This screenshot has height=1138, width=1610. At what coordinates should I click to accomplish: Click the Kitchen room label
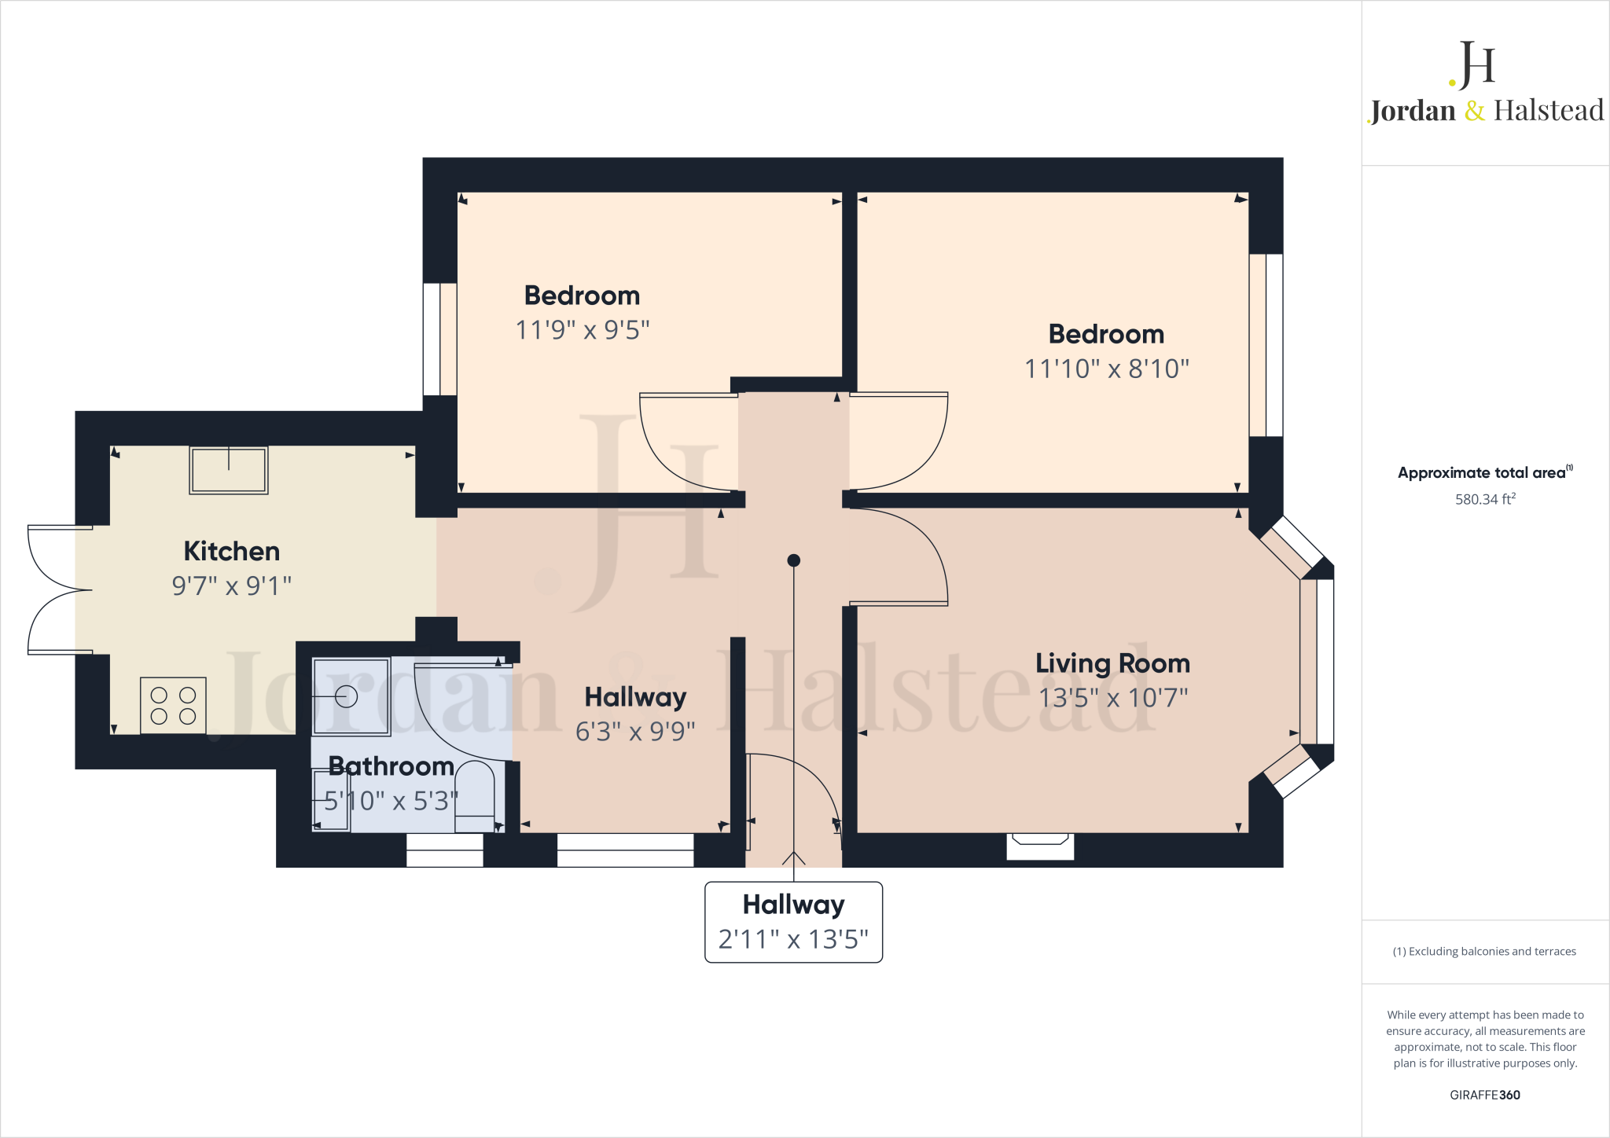tap(232, 551)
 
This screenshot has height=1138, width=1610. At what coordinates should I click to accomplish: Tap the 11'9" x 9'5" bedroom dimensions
tap(583, 330)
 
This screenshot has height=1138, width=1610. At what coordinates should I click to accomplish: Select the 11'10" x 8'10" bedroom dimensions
tap(1107, 369)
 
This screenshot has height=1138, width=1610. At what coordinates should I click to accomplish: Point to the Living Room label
tap(1112, 663)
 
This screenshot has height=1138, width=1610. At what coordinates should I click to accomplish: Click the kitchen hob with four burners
tap(174, 705)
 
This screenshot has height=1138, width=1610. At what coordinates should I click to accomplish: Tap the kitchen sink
tap(229, 470)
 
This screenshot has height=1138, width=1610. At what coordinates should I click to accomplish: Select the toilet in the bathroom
tap(475, 796)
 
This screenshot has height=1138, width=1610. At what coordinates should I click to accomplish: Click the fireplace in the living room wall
tap(1040, 846)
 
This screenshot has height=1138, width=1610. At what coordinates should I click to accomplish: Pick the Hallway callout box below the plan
tap(794, 922)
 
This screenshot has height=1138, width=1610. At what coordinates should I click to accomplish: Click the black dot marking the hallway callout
tap(794, 560)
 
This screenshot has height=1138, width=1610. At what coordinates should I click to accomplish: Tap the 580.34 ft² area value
tap(1485, 499)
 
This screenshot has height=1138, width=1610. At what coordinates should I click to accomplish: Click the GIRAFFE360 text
tap(1485, 1095)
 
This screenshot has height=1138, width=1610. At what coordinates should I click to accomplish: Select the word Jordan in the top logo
tap(1413, 111)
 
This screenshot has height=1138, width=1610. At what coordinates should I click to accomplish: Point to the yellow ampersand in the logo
tap(1475, 111)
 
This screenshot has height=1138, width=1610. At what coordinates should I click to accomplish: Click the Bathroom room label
tap(391, 766)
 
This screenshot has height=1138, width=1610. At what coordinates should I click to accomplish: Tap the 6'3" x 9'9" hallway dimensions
tap(636, 732)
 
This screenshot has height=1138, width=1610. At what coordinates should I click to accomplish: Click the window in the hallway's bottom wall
tap(626, 850)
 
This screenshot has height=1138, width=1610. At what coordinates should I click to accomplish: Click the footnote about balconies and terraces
tap(1485, 951)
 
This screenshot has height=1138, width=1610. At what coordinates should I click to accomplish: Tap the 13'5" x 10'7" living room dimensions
tap(1113, 698)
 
